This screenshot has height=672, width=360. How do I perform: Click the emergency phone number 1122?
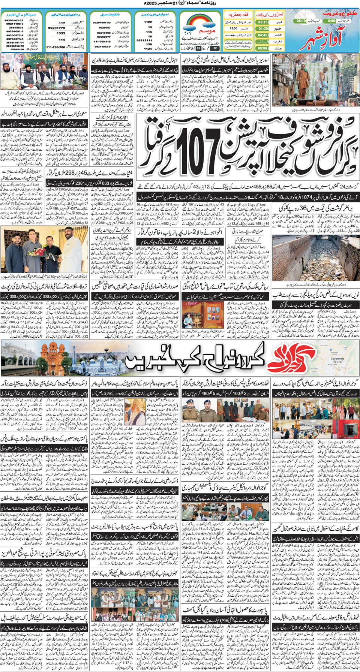[148, 22]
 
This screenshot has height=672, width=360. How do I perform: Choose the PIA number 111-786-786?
[55, 48]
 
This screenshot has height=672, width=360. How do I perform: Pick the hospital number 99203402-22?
[14, 21]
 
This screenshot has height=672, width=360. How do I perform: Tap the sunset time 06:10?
[301, 21]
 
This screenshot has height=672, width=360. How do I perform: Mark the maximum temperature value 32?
[215, 48]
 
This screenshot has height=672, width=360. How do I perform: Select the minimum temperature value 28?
[198, 48]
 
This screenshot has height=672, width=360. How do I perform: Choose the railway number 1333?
[61, 33]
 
